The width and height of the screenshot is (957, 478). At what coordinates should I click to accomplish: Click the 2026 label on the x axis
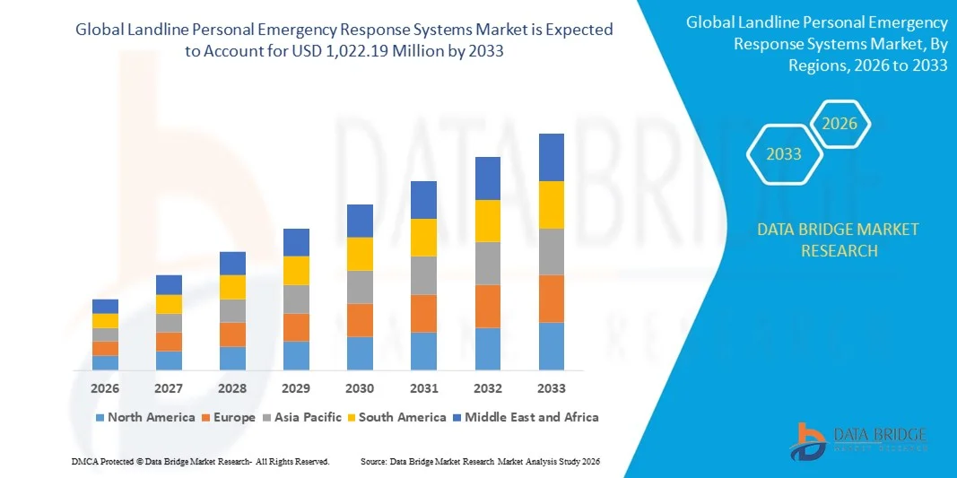(105, 388)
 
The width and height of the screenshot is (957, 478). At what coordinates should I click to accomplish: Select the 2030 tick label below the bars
(360, 388)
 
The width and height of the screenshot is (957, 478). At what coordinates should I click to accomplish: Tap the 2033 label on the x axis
(551, 388)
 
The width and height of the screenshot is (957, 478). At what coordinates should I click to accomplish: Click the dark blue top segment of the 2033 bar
(551, 157)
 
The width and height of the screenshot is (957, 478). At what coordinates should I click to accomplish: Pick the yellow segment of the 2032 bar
(487, 221)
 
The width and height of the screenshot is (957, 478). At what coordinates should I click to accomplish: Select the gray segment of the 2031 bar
(423, 275)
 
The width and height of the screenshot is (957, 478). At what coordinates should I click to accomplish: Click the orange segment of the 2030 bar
(360, 320)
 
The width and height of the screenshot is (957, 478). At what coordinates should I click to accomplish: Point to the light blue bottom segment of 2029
(296, 355)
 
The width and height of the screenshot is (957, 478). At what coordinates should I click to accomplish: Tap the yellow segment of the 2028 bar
(232, 287)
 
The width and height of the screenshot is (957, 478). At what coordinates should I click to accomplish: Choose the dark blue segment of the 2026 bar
(105, 306)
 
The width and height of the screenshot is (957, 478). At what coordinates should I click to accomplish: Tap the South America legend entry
(402, 417)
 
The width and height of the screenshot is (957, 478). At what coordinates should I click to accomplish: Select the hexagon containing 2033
(784, 154)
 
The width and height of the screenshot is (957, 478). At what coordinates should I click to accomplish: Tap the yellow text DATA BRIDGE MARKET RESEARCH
(838, 239)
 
